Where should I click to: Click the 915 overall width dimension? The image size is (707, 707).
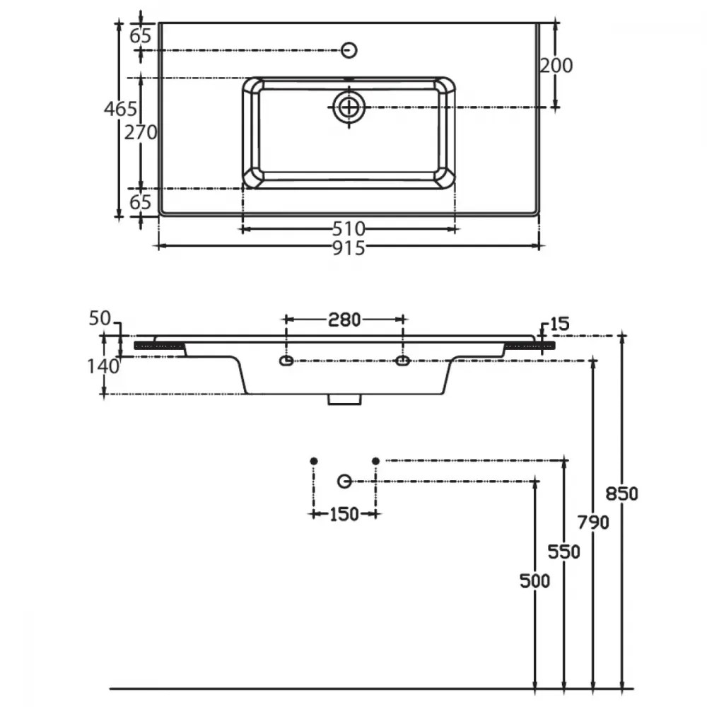[x=349, y=248]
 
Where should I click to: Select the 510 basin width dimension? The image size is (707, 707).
[x=349, y=229]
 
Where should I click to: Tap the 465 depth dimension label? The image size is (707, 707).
[x=120, y=109]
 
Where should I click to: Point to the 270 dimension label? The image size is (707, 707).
[x=141, y=133]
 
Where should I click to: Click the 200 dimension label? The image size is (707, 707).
[x=556, y=66]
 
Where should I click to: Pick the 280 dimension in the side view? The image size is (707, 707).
[x=344, y=320]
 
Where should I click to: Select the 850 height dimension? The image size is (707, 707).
[x=621, y=494]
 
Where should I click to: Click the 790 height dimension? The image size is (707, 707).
[x=593, y=522]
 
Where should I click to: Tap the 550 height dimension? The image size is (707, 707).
[x=564, y=552]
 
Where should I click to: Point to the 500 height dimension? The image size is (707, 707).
[x=534, y=581]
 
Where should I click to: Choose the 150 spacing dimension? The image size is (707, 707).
[x=344, y=515]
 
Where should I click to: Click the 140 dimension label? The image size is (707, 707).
[x=103, y=366]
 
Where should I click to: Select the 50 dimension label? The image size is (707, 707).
[x=100, y=318]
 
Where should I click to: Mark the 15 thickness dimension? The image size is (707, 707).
[x=560, y=324]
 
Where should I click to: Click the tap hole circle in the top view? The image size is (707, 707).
[x=349, y=49]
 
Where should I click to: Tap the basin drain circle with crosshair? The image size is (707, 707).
[x=349, y=107]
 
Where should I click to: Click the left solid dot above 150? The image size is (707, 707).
[x=314, y=461]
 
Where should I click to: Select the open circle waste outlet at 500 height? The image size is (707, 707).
[x=344, y=481]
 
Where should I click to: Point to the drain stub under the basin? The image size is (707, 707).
[x=344, y=399]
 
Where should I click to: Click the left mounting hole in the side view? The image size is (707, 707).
[x=286, y=361]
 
